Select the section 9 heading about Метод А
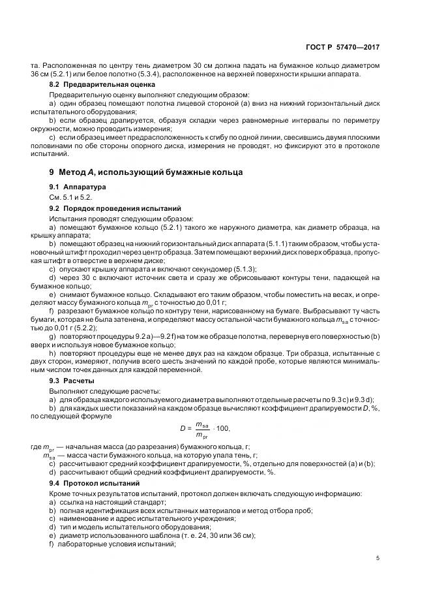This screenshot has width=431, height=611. click(x=145, y=172)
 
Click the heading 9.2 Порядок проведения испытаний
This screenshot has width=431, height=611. click(x=115, y=208)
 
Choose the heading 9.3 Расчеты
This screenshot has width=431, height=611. click(x=72, y=381)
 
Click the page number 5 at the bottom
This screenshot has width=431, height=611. click(x=378, y=558)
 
